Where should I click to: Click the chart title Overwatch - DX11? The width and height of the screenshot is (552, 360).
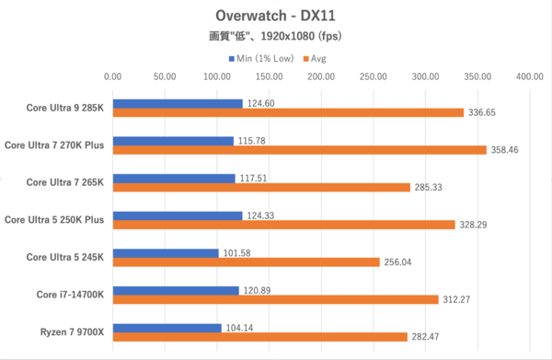(x=275, y=16)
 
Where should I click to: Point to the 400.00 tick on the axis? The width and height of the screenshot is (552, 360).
(x=529, y=78)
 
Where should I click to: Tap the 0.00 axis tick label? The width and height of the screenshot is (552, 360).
(x=112, y=78)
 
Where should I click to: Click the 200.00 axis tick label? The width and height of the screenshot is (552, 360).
(x=321, y=78)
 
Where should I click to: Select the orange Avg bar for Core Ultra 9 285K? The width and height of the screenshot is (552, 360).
(x=288, y=113)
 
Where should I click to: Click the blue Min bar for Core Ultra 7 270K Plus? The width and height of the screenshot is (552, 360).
(x=173, y=141)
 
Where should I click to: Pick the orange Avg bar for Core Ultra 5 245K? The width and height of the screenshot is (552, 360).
(x=246, y=262)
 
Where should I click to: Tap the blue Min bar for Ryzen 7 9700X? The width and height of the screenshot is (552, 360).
(x=167, y=328)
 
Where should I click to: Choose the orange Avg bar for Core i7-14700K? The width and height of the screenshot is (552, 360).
(x=275, y=299)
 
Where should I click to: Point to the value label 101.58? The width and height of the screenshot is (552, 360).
(x=236, y=252)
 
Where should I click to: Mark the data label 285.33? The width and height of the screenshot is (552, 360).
(x=428, y=188)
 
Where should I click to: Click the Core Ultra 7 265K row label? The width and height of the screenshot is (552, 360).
(x=64, y=181)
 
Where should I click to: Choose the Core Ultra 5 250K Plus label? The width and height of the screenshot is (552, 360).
(x=54, y=219)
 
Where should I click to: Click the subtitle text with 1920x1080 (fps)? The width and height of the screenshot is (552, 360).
(x=275, y=38)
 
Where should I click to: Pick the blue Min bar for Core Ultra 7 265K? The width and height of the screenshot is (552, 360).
(x=174, y=178)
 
